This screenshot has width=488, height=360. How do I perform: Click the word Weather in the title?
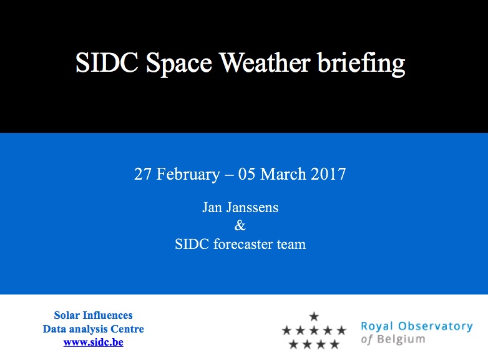point(265,62)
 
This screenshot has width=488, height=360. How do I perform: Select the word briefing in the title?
point(361,64)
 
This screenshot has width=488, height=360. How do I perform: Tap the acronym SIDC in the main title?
point(107,63)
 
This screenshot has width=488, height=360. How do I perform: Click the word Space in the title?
point(179,64)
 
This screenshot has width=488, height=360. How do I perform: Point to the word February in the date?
point(188,174)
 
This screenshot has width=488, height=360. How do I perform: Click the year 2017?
point(328,173)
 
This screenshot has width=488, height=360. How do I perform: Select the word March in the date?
point(283,173)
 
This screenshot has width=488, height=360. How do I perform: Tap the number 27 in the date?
point(142,173)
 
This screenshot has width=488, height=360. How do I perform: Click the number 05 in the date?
point(246,173)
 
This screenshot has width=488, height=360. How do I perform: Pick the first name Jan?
point(212,208)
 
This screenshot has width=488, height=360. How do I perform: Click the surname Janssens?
point(252,208)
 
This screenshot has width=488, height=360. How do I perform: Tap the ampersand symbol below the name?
point(240,225)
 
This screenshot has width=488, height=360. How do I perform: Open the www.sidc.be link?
point(94,343)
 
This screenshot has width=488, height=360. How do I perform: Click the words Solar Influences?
point(94,315)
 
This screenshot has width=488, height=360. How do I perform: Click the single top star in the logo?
point(314,316)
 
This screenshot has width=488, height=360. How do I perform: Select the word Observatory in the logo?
point(436,326)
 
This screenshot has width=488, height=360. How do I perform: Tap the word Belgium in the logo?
point(401,339)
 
